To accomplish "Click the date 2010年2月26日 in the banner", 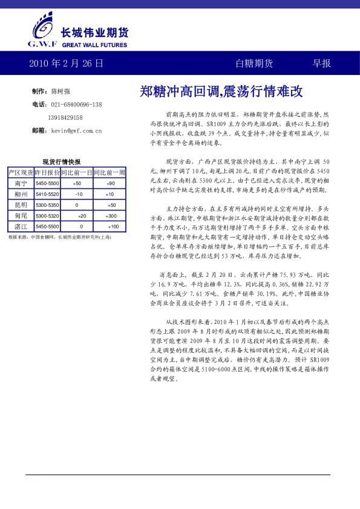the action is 66,63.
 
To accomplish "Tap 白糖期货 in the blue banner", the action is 254,63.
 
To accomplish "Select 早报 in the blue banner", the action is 321,63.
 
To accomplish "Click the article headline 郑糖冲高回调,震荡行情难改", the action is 221,92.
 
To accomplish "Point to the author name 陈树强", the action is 61,91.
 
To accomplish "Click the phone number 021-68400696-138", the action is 76,105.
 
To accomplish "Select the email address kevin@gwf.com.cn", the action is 76,130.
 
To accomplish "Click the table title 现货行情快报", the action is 62,162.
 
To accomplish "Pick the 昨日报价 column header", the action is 47,172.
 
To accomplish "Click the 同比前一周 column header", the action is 110,172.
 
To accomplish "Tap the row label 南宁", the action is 21,183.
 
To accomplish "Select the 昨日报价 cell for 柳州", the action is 47,194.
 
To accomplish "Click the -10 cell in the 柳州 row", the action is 79,194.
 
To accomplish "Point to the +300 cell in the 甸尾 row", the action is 111,216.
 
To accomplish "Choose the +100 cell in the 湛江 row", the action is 113,227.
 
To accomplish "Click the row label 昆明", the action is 21,205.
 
